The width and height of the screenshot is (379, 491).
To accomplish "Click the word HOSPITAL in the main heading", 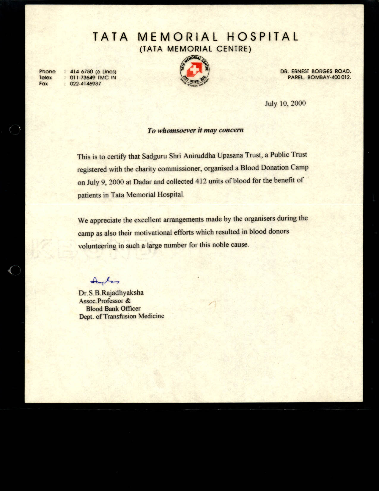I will (262, 37).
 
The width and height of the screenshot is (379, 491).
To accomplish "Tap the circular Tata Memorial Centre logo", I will (195, 72).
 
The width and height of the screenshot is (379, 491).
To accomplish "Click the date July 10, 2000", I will (285, 104).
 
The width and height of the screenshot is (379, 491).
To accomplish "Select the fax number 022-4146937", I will (85, 84).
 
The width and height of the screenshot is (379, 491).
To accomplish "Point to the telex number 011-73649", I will (83, 78).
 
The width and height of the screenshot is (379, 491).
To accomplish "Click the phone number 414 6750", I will (82, 72).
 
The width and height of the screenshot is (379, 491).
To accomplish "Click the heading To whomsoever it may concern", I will (196, 130).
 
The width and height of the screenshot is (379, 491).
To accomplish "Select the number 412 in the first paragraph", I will (201, 181).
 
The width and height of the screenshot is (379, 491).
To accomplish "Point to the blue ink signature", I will (105, 280).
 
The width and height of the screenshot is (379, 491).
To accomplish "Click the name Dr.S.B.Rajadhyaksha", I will (111, 293).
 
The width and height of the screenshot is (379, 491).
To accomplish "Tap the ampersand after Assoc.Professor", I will (128, 301).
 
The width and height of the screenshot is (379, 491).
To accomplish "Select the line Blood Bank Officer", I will (113, 309).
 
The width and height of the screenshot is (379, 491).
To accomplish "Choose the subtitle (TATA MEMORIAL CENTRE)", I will (196, 49).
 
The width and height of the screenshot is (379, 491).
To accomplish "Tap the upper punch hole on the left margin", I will (15, 129).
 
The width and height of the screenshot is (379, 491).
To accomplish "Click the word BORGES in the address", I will (322, 71).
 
